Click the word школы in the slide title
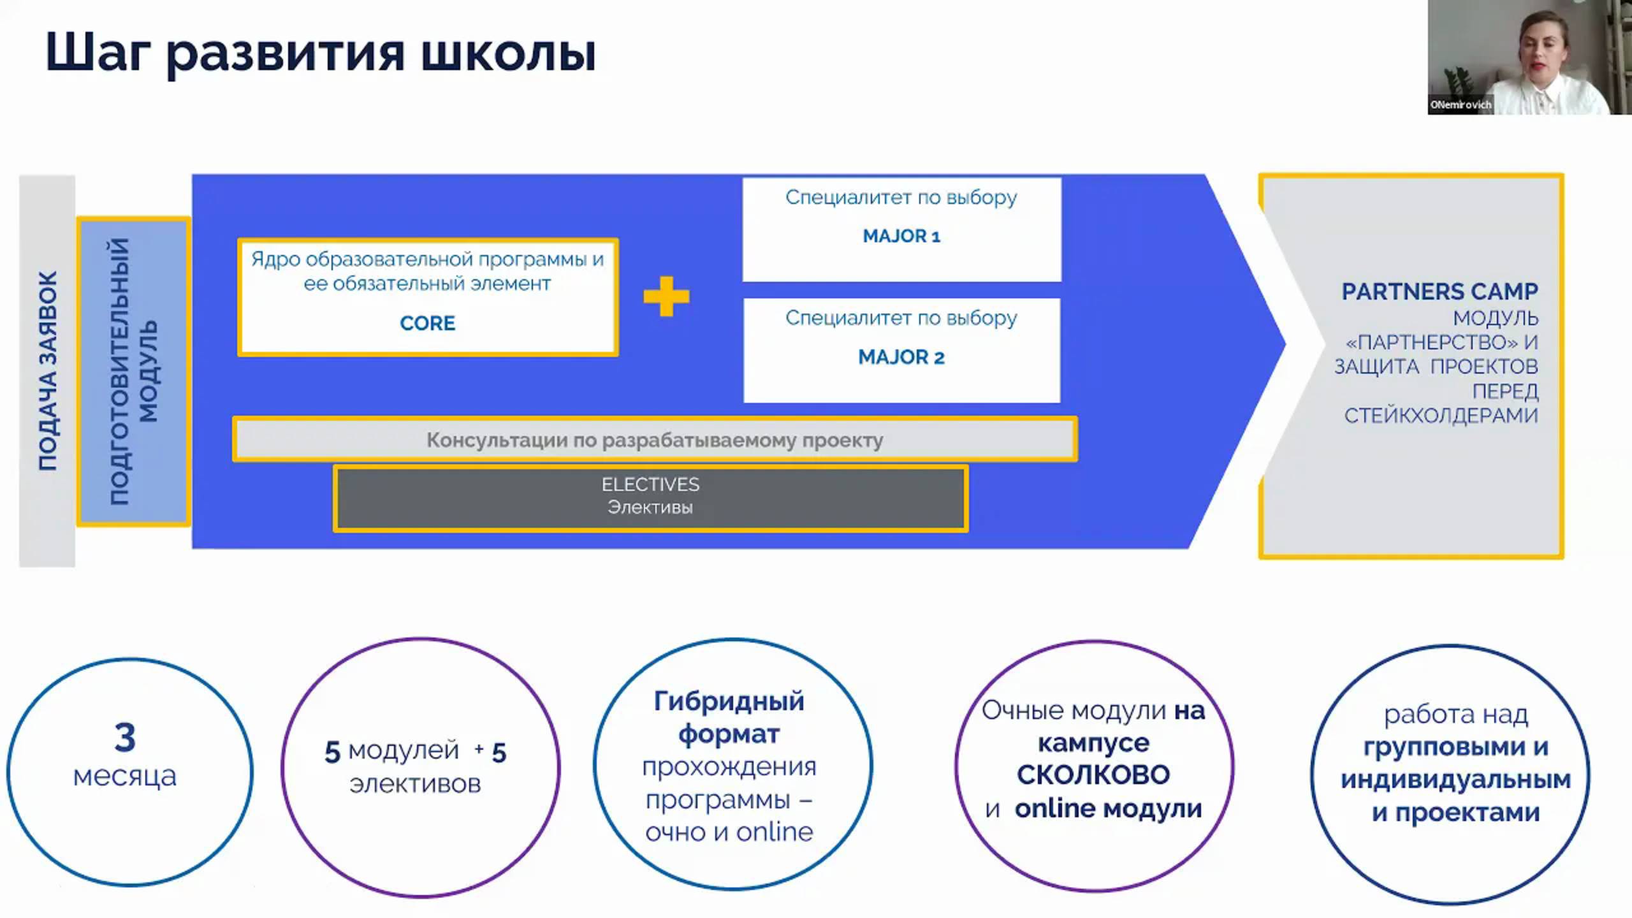508,54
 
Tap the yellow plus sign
666,296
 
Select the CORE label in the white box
427,323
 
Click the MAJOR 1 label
901,236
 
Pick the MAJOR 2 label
901,357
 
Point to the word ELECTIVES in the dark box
650,484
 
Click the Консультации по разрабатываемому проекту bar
655,440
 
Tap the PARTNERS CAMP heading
1439,291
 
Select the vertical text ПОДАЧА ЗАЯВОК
48,371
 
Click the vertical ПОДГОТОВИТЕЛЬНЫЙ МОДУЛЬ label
133,371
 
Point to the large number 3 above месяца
125,737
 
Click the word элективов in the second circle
415,783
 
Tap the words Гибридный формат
729,717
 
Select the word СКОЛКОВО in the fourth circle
1093,775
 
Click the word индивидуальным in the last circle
1455,780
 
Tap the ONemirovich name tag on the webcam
1461,105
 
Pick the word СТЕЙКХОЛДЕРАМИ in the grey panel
1441,416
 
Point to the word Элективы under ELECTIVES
650,507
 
